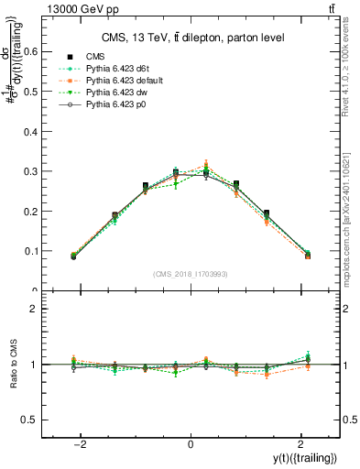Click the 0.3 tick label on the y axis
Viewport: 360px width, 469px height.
point(38,171)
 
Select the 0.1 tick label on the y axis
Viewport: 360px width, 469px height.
point(38,251)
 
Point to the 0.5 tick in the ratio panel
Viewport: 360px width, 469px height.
point(38,420)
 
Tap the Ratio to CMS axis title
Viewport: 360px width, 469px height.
point(11,365)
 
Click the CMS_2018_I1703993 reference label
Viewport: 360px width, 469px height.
point(190,273)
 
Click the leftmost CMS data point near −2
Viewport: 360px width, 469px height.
point(73,256)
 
